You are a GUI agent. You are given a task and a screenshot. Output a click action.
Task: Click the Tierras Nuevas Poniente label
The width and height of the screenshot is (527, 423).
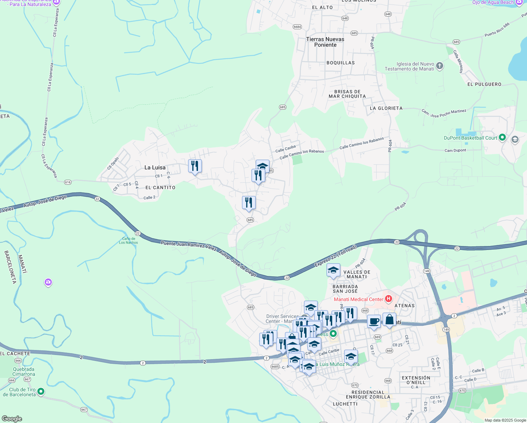pos(325,42)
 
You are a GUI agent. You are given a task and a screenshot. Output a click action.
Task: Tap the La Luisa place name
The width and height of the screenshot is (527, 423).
pos(155,167)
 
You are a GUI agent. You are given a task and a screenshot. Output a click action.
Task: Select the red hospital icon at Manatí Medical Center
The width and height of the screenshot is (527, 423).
pos(388,299)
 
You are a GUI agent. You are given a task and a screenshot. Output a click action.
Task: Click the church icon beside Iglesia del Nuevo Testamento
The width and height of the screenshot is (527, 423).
pos(440,66)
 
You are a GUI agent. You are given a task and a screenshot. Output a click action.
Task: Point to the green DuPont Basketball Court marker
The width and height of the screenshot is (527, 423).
pos(502,137)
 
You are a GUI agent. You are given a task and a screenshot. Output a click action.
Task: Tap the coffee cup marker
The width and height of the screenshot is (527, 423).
pos(374,321)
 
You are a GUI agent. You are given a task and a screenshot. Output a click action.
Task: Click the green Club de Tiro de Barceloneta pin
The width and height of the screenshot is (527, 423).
pos(41,391)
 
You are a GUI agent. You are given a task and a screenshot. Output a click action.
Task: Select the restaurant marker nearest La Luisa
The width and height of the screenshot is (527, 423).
pos(195,166)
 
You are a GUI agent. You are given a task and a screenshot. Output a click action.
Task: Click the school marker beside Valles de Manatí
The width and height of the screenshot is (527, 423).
pos(333,270)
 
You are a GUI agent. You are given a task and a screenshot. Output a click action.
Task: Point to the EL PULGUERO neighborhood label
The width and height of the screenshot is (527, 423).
pos(484,84)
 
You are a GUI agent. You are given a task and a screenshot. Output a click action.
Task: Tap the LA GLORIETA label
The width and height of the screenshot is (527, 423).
pos(386,108)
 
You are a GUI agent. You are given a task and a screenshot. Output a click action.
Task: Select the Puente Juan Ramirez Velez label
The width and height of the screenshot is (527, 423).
pos(188,245)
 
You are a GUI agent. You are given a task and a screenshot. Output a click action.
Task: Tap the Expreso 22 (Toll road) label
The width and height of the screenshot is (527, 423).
pos(335,256)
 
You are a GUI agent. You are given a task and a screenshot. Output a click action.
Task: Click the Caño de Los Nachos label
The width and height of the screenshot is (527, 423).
pos(128,241)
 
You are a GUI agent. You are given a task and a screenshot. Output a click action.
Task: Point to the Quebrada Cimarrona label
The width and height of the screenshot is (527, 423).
pos(24,372)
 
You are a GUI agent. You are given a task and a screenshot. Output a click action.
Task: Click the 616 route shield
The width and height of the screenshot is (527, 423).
pos(68,182)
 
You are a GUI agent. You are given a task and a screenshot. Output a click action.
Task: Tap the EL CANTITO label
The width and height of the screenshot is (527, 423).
pos(160,188)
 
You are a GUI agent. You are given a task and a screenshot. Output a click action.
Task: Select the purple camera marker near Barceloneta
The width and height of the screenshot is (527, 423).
pos(48,282)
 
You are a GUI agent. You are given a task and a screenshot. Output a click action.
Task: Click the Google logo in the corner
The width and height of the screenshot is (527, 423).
pos(12,419)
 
